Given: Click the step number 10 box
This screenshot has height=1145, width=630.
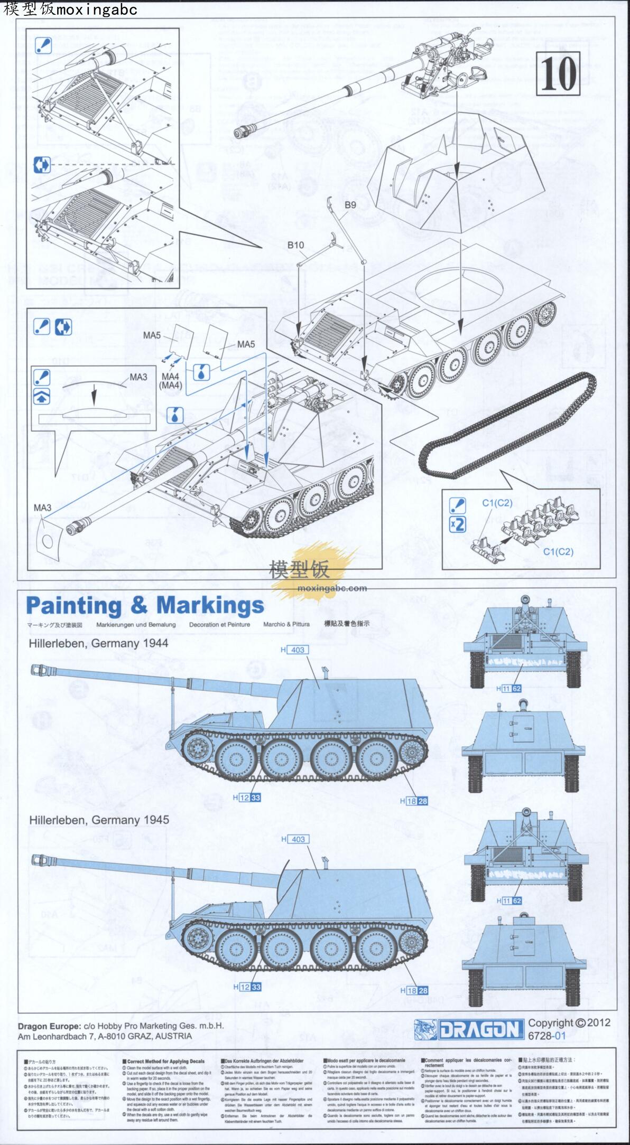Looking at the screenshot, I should [558, 74].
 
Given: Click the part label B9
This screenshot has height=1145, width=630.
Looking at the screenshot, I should [350, 205].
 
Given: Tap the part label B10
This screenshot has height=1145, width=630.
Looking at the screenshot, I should [295, 245].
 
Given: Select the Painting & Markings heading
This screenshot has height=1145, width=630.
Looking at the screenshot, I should [145, 606].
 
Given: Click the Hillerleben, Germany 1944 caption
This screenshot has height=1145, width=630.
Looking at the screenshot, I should [98, 643].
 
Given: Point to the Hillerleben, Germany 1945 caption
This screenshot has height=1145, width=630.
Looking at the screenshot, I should [99, 820].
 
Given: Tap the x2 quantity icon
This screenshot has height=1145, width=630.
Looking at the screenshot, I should [457, 524].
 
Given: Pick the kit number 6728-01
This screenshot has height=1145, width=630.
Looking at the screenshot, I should [546, 1036].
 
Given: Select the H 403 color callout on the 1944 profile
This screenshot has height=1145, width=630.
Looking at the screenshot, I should [294, 650].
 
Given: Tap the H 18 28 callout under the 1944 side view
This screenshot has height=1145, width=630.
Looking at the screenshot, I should [414, 801].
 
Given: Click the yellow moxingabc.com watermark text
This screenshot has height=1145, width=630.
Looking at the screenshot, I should [332, 588].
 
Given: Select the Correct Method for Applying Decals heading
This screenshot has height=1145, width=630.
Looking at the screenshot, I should [165, 1061].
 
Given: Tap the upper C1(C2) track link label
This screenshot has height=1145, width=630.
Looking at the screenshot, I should [497, 503].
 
